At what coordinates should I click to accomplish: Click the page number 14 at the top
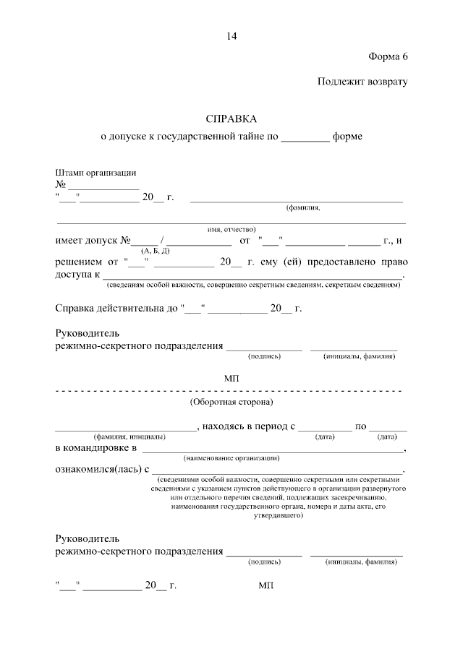click(231, 36)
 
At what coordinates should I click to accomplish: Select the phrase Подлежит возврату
click(363, 82)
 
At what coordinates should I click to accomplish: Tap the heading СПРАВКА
click(231, 118)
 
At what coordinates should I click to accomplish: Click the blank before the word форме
click(305, 136)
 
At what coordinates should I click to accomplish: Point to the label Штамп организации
click(96, 173)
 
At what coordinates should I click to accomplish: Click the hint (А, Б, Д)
click(156, 251)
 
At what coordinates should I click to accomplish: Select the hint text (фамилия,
click(303, 207)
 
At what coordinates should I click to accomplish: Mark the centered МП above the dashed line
click(231, 379)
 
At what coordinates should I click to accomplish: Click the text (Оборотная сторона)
click(231, 402)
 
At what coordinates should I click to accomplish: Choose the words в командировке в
click(96, 449)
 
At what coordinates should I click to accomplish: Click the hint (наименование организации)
click(231, 459)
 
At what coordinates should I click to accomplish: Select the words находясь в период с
click(250, 426)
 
